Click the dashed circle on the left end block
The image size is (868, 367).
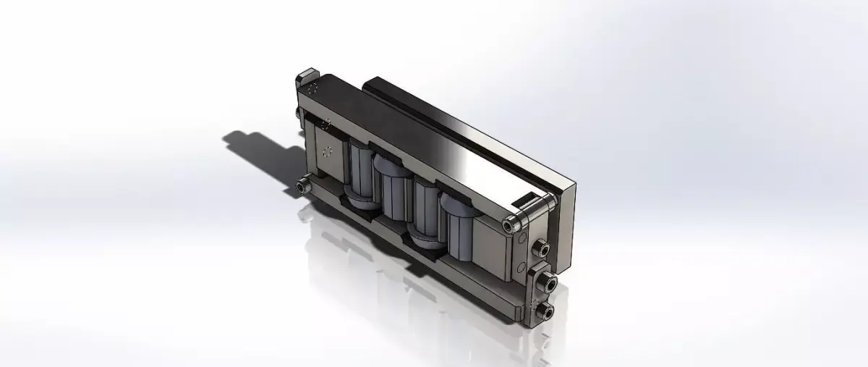[327, 152]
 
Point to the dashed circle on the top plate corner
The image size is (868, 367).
[313, 90]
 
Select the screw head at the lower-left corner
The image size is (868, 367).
[302, 187]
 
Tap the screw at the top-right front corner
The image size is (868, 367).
[513, 225]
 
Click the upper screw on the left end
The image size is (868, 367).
[299, 113]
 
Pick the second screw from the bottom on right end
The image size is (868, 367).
[549, 285]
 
